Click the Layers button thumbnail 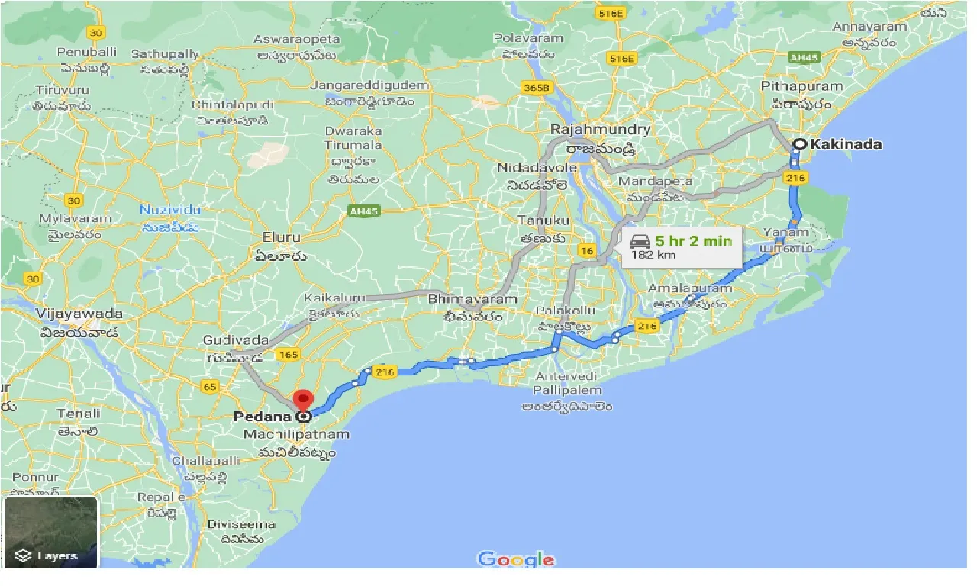[x=51, y=532]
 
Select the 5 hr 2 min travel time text [x=693, y=241]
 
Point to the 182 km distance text [x=653, y=255]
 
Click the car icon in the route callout [x=640, y=242]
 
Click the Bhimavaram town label [x=472, y=299]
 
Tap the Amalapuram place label [x=690, y=288]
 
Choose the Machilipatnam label [x=296, y=434]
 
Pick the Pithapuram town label [x=801, y=87]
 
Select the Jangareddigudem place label [x=369, y=85]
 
